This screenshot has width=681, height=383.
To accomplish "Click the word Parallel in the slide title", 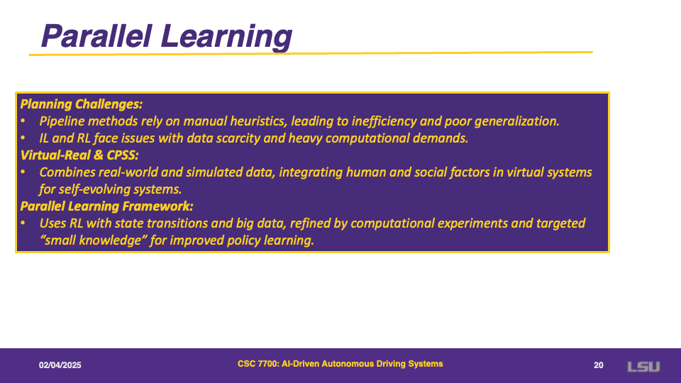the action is click(96, 35).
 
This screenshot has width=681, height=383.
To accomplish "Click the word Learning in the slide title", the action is click(226, 38).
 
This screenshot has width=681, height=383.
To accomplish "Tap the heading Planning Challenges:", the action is click(81, 104).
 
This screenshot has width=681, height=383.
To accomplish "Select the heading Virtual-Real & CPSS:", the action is click(79, 155).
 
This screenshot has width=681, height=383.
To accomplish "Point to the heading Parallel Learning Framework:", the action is click(107, 206).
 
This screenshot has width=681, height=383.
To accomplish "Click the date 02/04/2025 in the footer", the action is click(60, 365).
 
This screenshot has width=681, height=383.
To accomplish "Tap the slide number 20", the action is click(599, 365).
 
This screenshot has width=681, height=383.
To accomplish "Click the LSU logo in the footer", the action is click(643, 367).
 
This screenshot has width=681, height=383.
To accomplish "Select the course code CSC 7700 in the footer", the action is click(257, 364).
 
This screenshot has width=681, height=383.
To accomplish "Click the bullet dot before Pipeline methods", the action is click(23, 121).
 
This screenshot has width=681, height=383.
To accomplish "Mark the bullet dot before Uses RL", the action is click(23, 223).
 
